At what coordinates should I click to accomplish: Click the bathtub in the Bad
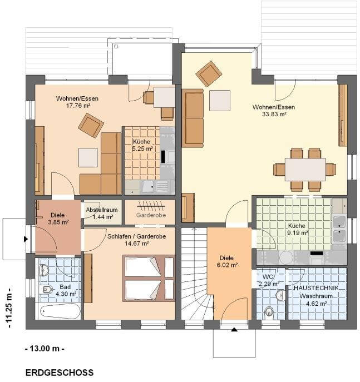(60, 311)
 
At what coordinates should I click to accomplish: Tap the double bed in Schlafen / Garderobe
(149, 278)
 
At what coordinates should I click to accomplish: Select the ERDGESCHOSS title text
(60, 373)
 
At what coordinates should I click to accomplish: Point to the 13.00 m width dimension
(45, 349)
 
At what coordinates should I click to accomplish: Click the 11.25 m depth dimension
(9, 307)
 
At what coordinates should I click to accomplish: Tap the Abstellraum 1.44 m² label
(102, 213)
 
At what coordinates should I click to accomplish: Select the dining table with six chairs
(305, 170)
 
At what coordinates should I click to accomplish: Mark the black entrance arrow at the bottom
(234, 330)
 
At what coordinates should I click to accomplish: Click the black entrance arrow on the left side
(26, 239)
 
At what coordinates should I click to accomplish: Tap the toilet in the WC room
(269, 311)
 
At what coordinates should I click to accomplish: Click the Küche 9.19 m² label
(297, 229)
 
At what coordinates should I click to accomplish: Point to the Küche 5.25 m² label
(142, 145)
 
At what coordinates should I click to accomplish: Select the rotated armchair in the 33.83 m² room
(209, 74)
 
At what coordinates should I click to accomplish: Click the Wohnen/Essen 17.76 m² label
(77, 102)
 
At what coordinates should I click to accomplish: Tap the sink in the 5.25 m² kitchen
(148, 187)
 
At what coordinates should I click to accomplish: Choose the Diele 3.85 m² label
(58, 219)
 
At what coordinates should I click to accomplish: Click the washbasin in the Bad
(43, 270)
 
